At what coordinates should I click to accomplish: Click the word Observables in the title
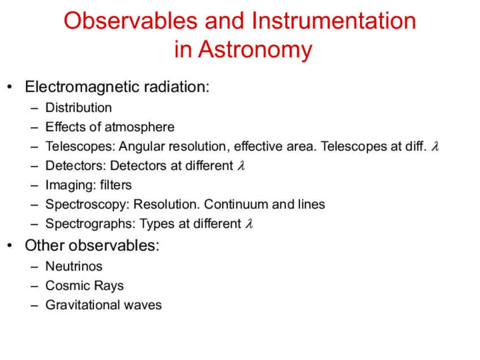130,21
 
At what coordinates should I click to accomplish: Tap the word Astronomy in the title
255,50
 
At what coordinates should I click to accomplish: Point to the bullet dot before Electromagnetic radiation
10,87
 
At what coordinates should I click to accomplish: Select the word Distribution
79,108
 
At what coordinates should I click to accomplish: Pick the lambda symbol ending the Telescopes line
435,146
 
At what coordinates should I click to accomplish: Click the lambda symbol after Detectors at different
241,165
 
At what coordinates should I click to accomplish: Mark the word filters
115,185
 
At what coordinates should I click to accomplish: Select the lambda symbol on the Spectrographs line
249,223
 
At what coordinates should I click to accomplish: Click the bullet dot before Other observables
10,246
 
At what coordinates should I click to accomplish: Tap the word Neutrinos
74,267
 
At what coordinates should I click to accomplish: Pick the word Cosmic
67,286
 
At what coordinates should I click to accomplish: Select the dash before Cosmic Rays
35,286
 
